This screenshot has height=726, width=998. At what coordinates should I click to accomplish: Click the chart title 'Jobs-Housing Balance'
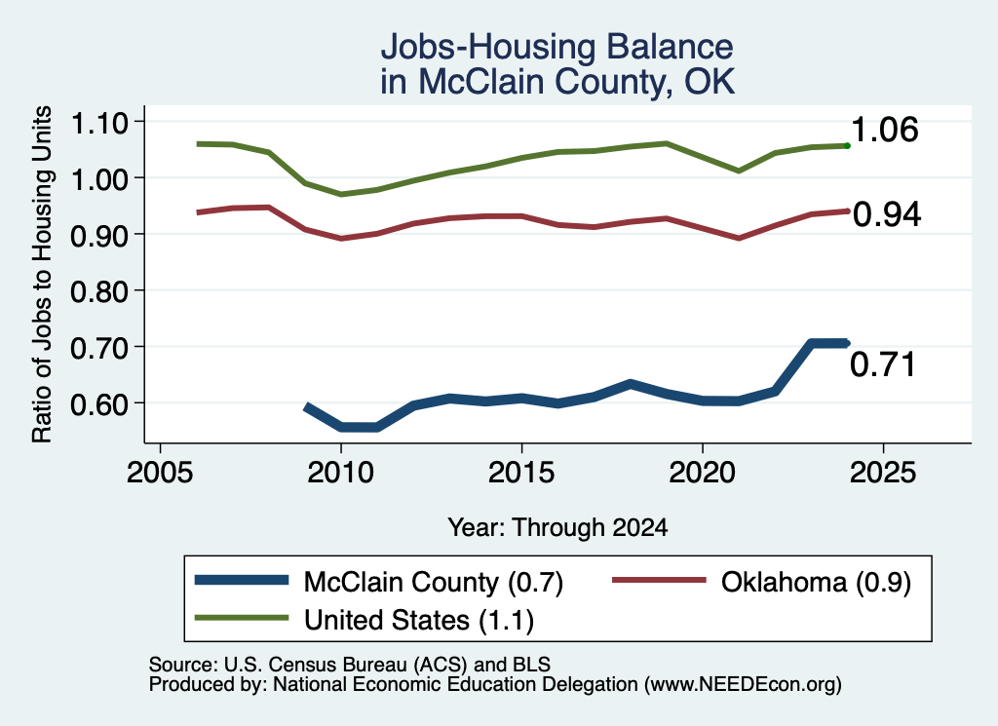click(557, 47)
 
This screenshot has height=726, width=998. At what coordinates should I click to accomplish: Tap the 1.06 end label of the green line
click(885, 130)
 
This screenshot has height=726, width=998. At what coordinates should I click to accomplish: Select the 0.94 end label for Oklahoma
click(887, 214)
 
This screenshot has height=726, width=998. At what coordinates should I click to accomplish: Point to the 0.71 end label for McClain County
click(883, 364)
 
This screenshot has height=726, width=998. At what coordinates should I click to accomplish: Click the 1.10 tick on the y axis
click(98, 123)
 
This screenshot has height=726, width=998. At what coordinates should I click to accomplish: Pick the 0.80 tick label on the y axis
click(98, 292)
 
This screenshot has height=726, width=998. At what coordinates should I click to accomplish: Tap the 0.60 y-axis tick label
click(98, 404)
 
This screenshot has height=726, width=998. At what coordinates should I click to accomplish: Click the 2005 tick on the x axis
click(160, 473)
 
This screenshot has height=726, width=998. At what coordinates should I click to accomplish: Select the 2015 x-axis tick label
click(521, 473)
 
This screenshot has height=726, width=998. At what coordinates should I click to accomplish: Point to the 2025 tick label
click(883, 473)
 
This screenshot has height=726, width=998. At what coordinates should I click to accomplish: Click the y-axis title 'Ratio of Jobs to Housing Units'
click(42, 274)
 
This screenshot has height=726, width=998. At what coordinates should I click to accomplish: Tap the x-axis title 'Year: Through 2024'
click(557, 527)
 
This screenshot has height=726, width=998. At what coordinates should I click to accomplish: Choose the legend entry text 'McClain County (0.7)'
click(434, 583)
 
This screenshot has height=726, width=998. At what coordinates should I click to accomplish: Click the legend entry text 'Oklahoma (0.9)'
click(816, 583)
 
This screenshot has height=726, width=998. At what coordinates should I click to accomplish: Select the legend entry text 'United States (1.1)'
click(419, 621)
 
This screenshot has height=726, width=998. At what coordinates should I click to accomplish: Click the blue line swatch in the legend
click(242, 580)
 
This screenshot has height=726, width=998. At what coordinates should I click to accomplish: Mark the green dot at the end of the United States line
click(847, 146)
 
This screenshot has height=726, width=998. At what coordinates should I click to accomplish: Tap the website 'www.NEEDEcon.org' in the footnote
click(742, 685)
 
